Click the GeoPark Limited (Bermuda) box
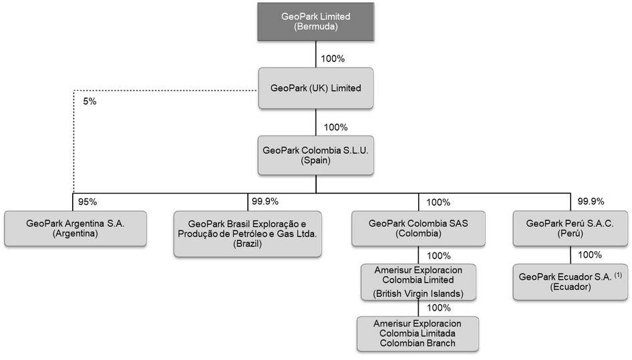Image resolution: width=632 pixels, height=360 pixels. click(316, 23)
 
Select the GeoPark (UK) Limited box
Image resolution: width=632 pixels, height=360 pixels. click(316, 88)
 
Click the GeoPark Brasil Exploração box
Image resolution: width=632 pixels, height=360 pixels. click(247, 234)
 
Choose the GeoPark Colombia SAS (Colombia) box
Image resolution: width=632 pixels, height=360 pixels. click(418, 228)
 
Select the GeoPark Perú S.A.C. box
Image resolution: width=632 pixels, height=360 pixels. click(570, 228)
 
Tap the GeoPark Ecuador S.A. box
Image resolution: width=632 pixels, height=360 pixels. click(570, 283)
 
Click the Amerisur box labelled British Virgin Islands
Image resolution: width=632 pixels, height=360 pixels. click(418, 281)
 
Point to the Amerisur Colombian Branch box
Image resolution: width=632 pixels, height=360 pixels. click(418, 333)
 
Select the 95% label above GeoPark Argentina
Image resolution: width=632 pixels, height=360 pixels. click(88, 201)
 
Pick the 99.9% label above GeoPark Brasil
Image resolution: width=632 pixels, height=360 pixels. click(265, 201)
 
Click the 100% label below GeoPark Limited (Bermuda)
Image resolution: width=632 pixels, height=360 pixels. click(333, 58)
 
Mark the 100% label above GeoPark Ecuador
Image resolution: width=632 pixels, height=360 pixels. click(590, 254)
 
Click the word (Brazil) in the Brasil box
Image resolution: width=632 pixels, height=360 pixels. click(247, 244)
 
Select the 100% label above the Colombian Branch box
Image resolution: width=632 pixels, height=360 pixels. click(438, 308)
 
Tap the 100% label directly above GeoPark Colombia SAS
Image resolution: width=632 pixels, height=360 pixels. click(438, 201)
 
